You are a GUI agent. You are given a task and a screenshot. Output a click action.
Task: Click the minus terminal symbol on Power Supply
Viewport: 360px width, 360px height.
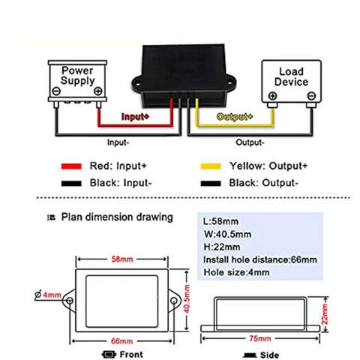tap(56, 91)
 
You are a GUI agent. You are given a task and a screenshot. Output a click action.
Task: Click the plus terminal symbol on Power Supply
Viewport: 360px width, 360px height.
tap(98, 91)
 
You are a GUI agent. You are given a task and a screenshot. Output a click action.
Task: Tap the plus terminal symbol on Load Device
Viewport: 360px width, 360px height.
tap(272, 96)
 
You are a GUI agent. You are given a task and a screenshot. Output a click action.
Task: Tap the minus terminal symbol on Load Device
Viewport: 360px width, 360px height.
tap(311, 96)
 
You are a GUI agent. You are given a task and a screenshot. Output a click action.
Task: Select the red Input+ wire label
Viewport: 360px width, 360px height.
tap(135, 116)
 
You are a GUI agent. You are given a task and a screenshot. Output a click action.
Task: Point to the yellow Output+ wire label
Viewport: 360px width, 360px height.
tap(235, 116)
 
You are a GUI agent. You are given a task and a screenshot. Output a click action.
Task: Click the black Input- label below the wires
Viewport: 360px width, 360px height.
tap(118, 142)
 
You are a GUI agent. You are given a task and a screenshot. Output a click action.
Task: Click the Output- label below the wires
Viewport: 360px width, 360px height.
tap(250, 142)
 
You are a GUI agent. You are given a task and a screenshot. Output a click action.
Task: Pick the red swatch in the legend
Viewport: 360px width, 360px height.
tap(71, 166)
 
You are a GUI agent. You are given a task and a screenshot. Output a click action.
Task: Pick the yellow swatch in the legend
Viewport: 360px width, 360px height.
tap(211, 166)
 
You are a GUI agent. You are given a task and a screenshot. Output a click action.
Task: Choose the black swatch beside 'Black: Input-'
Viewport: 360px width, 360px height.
tap(71, 184)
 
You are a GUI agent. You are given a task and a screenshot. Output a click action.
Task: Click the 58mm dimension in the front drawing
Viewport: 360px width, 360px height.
tap(122, 259)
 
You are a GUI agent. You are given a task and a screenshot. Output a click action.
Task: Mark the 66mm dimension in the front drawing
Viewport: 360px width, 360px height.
tap(121, 341)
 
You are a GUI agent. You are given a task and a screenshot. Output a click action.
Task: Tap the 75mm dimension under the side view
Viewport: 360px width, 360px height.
tap(260, 338)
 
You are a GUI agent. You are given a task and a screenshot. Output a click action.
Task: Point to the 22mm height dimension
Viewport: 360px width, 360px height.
tap(325, 314)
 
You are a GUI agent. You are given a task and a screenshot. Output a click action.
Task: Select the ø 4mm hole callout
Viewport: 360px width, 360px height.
tap(48, 295)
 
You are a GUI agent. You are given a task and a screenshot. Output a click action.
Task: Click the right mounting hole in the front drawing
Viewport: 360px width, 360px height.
tap(173, 300)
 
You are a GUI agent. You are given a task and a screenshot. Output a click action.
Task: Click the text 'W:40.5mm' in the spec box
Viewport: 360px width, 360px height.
tap(227, 234)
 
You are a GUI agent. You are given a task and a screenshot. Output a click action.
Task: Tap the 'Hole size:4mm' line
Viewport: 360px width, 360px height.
tap(236, 272)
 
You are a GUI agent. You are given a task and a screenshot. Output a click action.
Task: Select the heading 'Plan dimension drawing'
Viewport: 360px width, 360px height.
tap(117, 217)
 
